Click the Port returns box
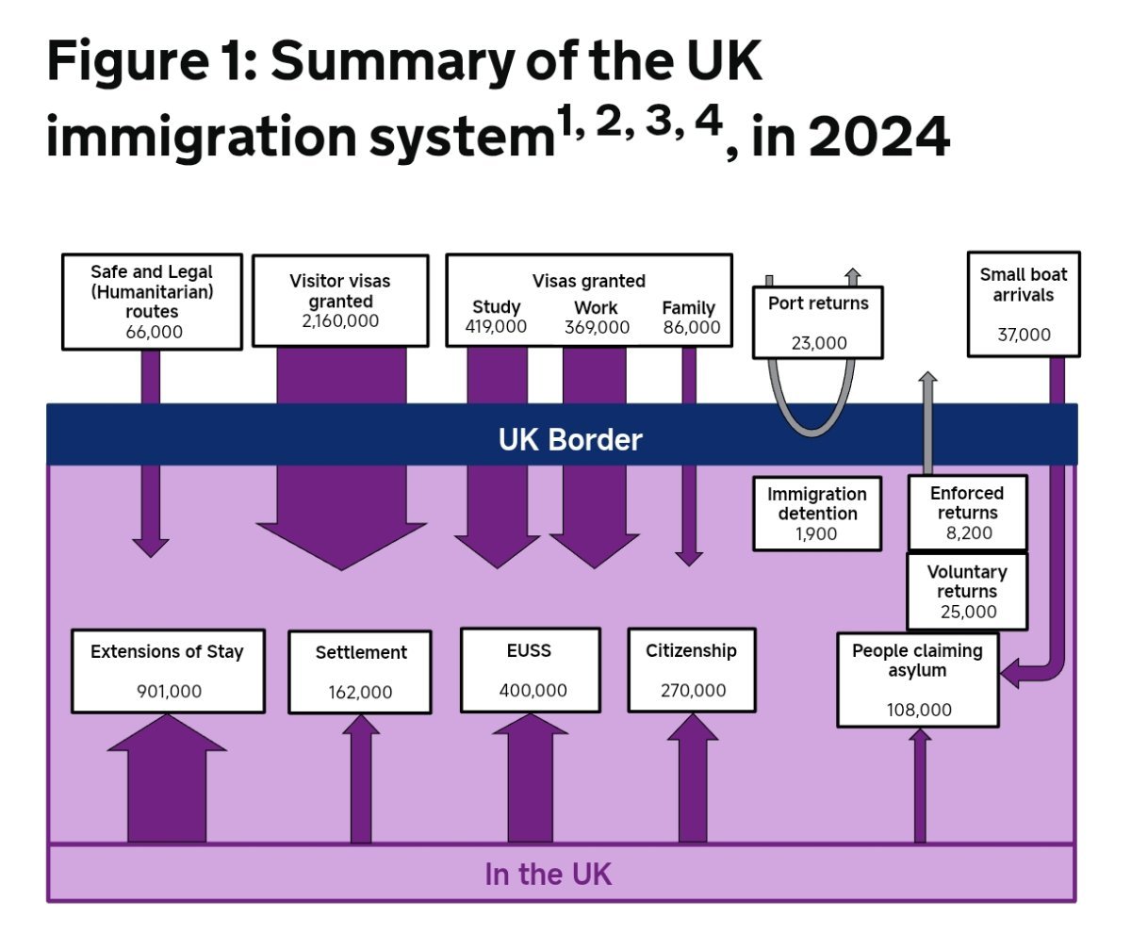(817, 322)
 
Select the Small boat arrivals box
(1024, 303)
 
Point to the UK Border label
(570, 439)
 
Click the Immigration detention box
(816, 514)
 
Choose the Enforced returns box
(967, 513)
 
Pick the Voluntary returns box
(967, 591)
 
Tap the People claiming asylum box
(917, 679)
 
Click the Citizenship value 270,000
(692, 691)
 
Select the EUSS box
(530, 669)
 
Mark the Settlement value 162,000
(360, 693)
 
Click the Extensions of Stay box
(168, 670)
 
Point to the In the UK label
(548, 875)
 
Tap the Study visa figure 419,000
(496, 328)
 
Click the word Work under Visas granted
(596, 308)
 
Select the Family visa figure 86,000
(690, 328)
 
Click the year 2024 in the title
(878, 139)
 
